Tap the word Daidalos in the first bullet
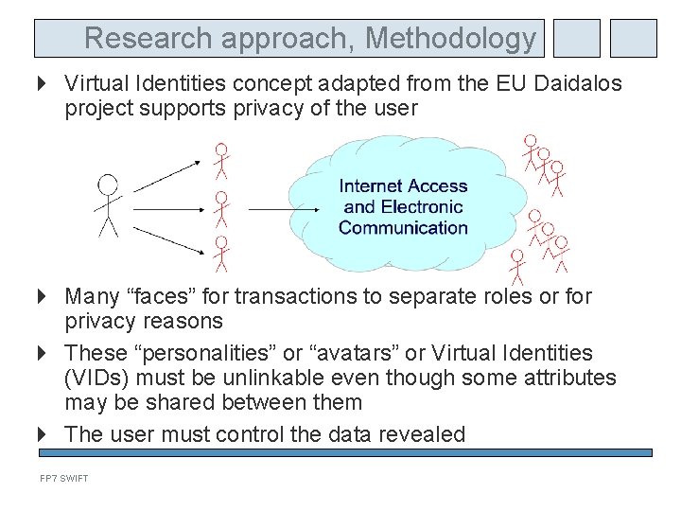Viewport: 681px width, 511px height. coord(578,83)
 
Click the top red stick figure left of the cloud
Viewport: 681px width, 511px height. coord(220,161)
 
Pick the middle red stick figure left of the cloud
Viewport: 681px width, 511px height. coord(220,207)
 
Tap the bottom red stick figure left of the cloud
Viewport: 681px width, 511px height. coord(220,254)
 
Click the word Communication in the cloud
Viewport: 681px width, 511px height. coord(403,227)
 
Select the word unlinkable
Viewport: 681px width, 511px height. coord(253,378)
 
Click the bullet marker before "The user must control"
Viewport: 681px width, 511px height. coord(44,434)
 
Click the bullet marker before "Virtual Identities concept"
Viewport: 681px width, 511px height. coord(44,83)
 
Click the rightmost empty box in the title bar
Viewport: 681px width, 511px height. coord(633,39)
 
